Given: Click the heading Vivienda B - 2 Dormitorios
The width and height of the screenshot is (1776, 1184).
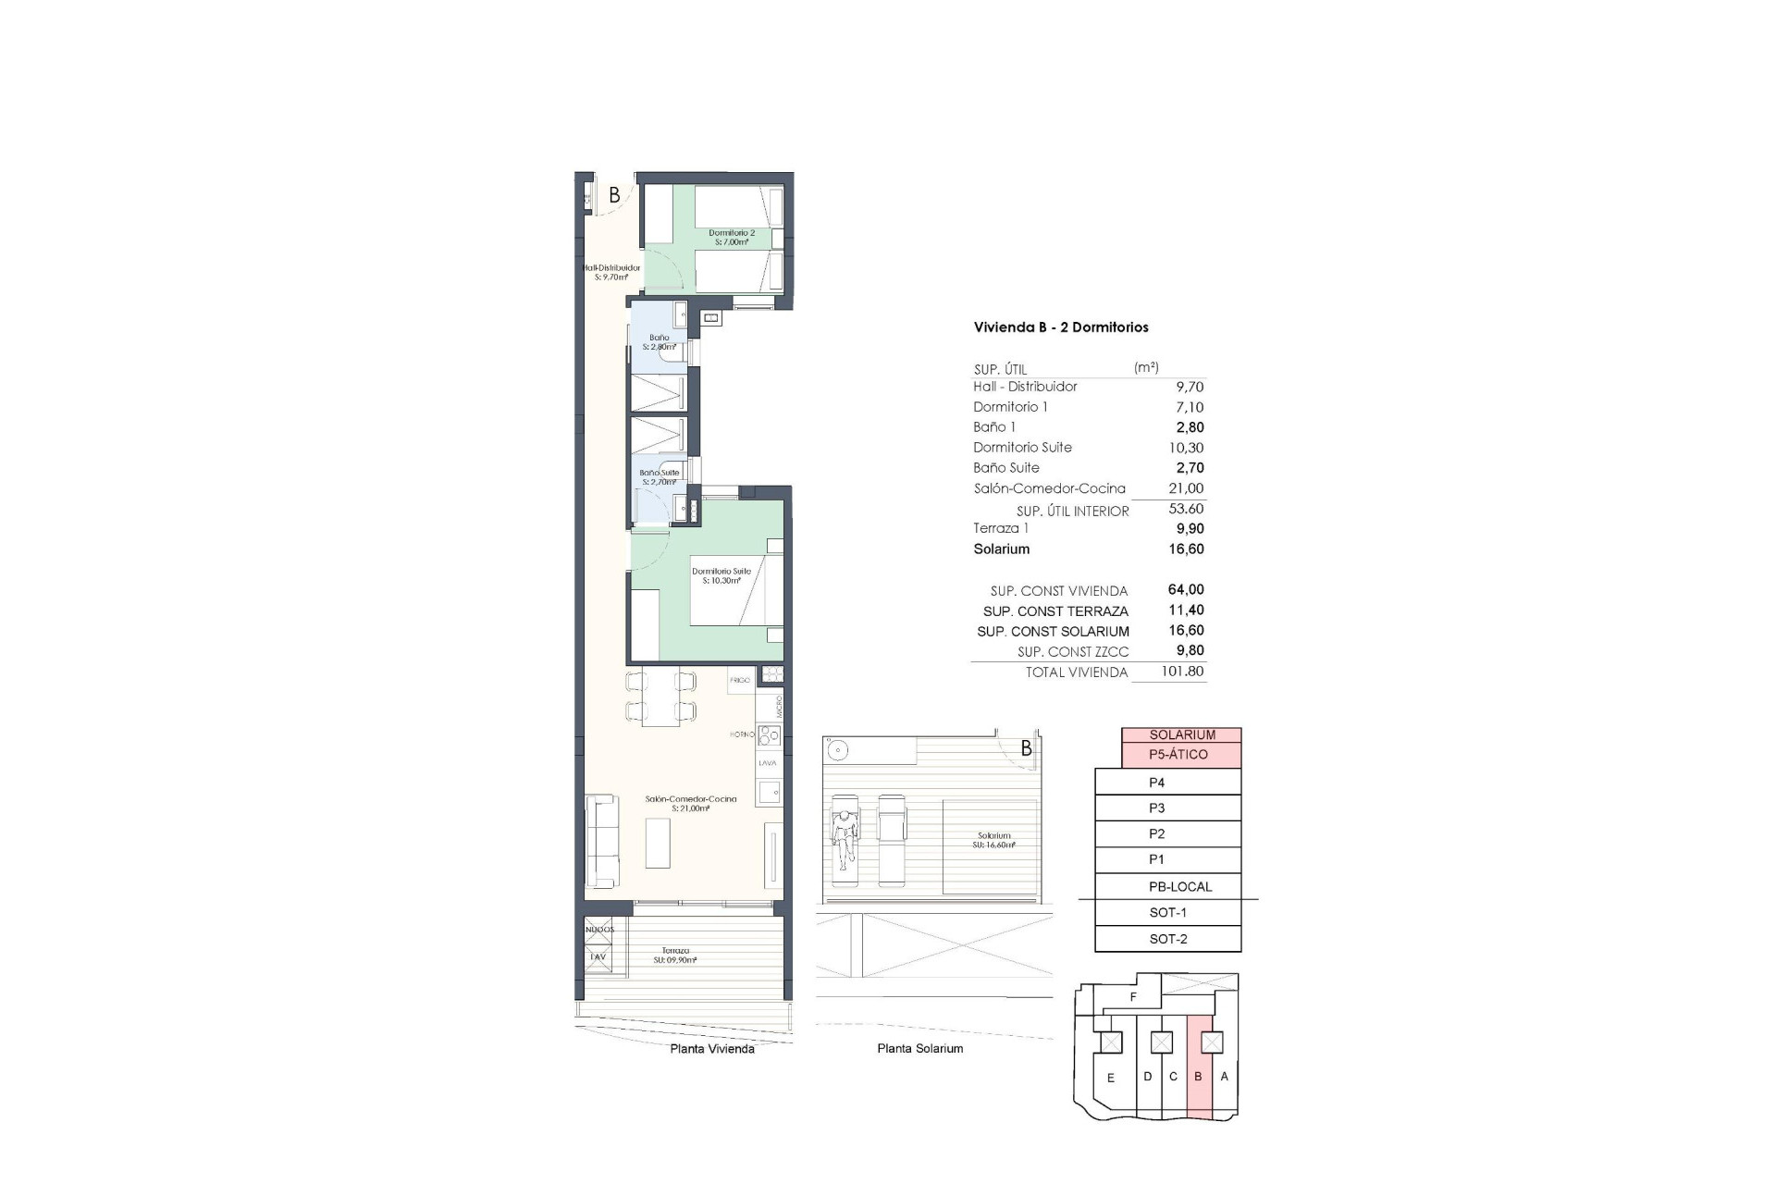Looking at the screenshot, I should coord(1060,327).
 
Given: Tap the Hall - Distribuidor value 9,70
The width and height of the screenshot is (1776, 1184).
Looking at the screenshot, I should coord(1189,387).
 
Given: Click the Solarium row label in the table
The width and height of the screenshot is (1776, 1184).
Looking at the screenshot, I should coord(1001,549).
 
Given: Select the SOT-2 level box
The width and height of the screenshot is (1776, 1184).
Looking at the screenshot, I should coord(1167,939).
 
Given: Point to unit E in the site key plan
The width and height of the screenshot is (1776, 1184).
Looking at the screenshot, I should coord(1110,1078).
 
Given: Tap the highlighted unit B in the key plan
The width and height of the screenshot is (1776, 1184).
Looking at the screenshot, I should coord(1198,1077).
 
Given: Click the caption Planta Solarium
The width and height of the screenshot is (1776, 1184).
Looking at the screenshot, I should coord(919,1049).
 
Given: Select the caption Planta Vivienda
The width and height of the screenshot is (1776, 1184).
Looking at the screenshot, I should coord(711,1049).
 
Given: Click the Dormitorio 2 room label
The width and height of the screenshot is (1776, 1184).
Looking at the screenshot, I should coord(732,238).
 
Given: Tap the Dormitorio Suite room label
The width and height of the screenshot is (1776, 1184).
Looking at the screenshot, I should coord(721,576).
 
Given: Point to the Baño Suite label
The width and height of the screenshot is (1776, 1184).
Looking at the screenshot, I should coord(659,477).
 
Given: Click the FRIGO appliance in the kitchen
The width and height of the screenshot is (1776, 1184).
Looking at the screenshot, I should coord(740,680).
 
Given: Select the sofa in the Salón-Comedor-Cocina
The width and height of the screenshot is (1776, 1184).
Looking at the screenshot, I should coord(601,840).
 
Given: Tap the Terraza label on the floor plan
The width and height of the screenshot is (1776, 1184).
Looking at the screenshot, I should coord(674,956).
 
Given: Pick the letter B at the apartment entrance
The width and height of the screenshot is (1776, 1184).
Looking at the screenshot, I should coord(614,196).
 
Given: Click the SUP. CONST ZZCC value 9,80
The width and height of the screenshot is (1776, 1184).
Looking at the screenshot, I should coord(1189,651).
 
